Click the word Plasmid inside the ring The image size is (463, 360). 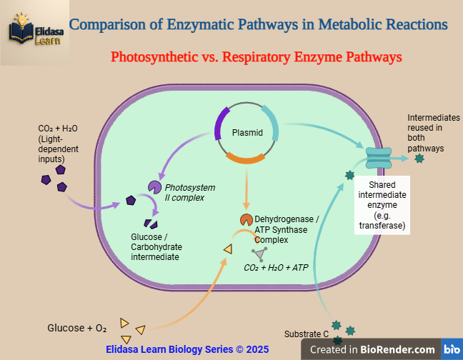247,133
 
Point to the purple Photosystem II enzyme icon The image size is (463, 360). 154,187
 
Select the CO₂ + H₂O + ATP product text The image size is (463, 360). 276,267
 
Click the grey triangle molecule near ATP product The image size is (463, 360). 259,253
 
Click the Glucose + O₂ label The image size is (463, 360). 76,329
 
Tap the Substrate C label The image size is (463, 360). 306,334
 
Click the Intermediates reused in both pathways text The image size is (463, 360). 433,133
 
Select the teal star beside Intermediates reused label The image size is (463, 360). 419,158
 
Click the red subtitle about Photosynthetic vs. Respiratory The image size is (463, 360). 256,56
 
